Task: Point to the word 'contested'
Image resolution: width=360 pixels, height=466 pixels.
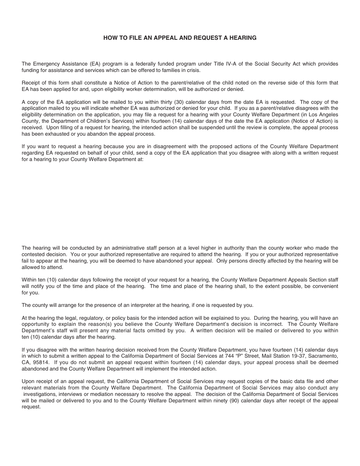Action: click(x=33, y=255)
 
